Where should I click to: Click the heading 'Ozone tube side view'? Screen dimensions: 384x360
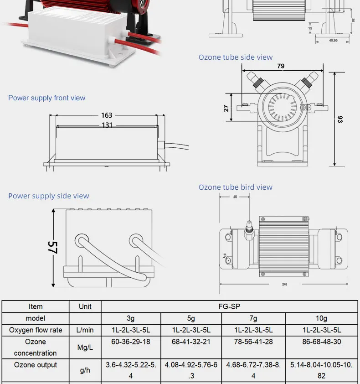[236, 57]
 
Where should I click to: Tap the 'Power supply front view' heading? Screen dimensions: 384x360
[46, 98]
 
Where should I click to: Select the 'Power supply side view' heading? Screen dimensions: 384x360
[49, 196]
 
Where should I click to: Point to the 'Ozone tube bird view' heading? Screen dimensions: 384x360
[236, 187]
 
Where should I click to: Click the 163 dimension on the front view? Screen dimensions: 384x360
[107, 116]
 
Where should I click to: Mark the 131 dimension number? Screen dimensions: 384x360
[107, 125]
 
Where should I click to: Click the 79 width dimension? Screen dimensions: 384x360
[281, 66]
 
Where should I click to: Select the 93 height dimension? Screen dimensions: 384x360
[340, 119]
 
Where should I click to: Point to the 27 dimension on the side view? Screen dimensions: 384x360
[226, 108]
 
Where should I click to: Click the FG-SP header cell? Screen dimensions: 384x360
[229, 306]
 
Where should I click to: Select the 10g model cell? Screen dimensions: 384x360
[321, 318]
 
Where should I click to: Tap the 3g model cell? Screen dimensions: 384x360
[131, 318]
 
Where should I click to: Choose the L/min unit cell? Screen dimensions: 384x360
[85, 330]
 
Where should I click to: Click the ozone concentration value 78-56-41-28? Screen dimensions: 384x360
[254, 342]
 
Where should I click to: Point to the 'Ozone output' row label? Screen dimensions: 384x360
[36, 365]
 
